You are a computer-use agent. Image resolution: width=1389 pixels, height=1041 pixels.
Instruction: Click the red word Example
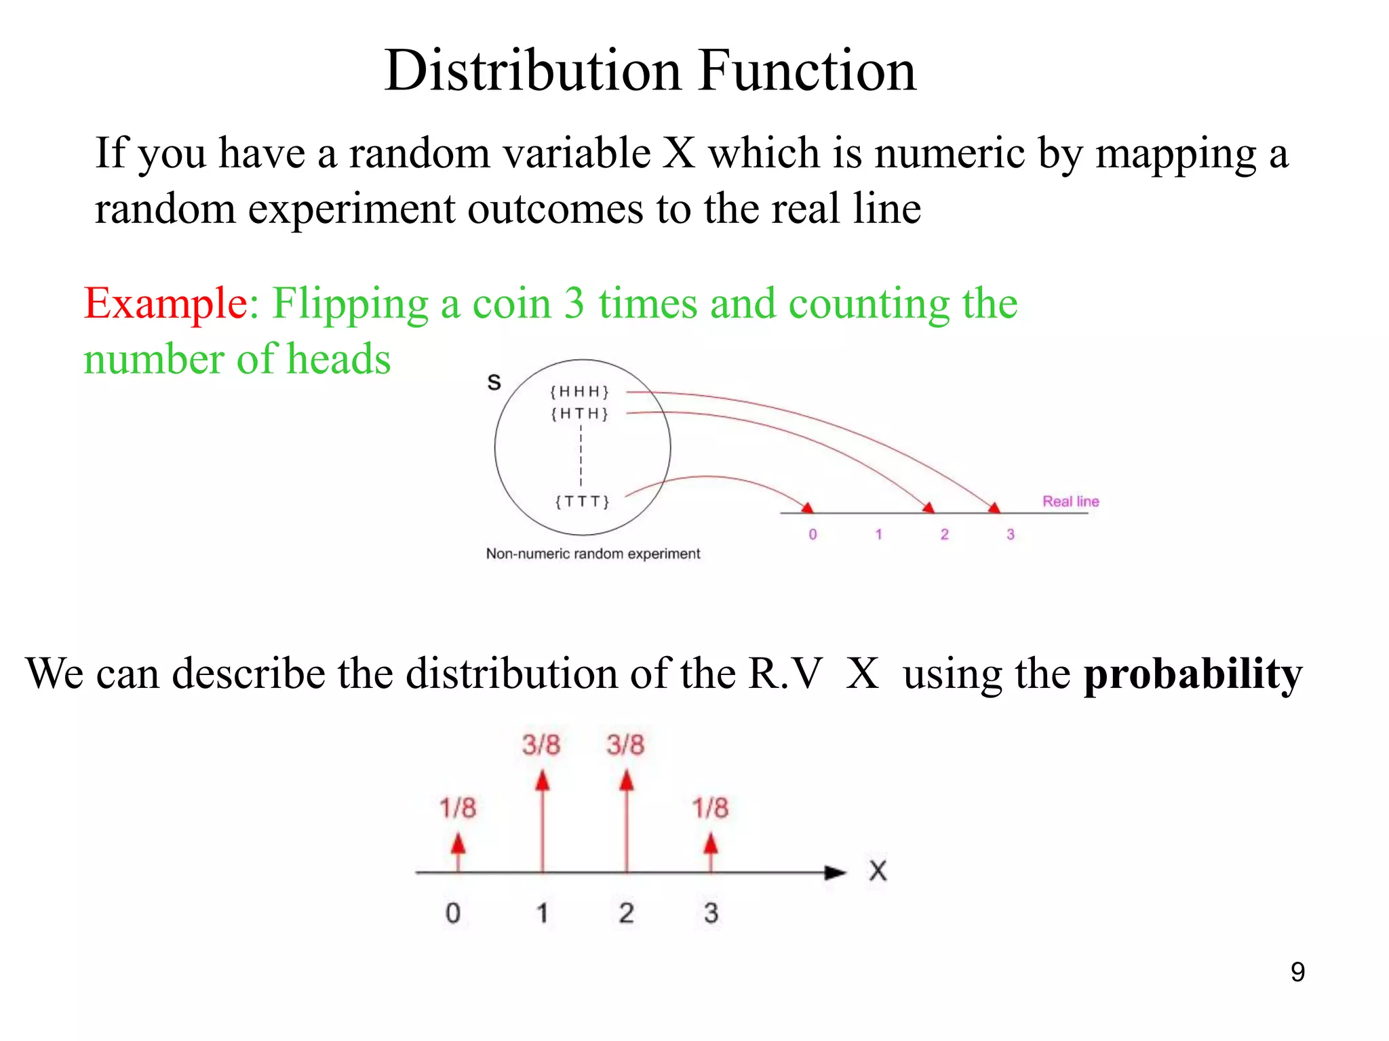pos(165,303)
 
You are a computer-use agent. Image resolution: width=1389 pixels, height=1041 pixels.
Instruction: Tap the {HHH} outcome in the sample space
pos(580,392)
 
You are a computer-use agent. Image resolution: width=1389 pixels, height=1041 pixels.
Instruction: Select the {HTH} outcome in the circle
pos(580,413)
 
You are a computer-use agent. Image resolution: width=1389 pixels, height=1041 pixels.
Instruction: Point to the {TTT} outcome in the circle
pos(583,502)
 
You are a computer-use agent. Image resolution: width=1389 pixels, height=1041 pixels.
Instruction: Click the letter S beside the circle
pos(494,383)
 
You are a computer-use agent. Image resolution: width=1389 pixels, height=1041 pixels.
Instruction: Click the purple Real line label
pos(1070,502)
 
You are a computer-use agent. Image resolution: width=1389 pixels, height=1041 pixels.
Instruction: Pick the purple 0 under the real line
pos(813,535)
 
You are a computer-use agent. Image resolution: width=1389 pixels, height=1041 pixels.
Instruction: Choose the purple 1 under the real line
pos(878,535)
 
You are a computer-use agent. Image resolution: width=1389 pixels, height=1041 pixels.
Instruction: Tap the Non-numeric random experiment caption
pos(593,554)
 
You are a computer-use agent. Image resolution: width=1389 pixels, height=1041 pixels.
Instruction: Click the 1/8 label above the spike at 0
pos(458,808)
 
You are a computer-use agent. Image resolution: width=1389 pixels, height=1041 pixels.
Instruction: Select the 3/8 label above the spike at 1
pos(541,745)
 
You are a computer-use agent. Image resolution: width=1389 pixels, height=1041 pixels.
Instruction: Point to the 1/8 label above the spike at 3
pos(710,808)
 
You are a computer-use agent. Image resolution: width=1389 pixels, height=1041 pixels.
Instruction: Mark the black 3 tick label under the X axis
pos(710,913)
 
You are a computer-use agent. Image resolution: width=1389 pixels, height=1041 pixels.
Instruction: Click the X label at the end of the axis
pos(878,871)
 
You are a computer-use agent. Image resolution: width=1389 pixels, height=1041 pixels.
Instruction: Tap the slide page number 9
pos(1297,972)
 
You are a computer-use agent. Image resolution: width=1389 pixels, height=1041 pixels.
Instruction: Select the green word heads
pos(338,359)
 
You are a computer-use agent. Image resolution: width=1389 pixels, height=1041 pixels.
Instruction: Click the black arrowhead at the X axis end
pos(836,873)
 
